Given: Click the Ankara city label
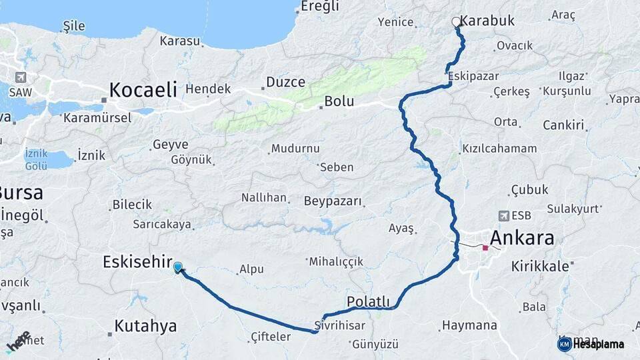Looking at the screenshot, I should (522, 238).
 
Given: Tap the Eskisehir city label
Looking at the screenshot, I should (138, 262).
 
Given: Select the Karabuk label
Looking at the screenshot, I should (487, 21).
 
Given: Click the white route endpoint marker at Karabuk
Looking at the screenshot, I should (457, 22).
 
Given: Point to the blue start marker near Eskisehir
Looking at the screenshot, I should (178, 267).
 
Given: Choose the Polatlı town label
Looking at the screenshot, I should (368, 301).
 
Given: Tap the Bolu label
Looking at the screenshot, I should (339, 103).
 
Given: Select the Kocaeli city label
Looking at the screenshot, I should (143, 89).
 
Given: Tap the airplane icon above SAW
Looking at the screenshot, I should (21, 77).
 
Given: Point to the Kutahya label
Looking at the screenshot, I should (145, 326).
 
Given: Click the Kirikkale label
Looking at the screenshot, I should (540, 266).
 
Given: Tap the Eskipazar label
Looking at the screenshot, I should (473, 76).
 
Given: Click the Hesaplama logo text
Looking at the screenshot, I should (598, 344).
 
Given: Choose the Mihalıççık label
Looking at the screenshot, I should (336, 261).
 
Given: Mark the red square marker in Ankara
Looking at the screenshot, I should (485, 248).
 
